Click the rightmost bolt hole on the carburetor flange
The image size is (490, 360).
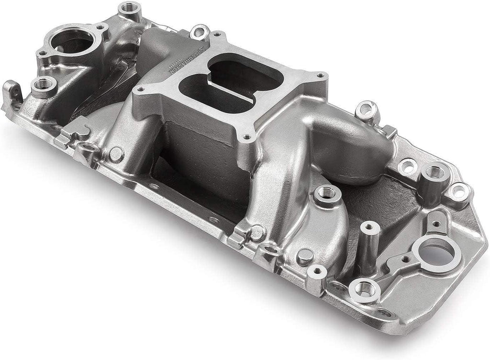coord(320,75)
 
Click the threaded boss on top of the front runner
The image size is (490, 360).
coord(327,194)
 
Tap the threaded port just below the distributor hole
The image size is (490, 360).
coord(365,288)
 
